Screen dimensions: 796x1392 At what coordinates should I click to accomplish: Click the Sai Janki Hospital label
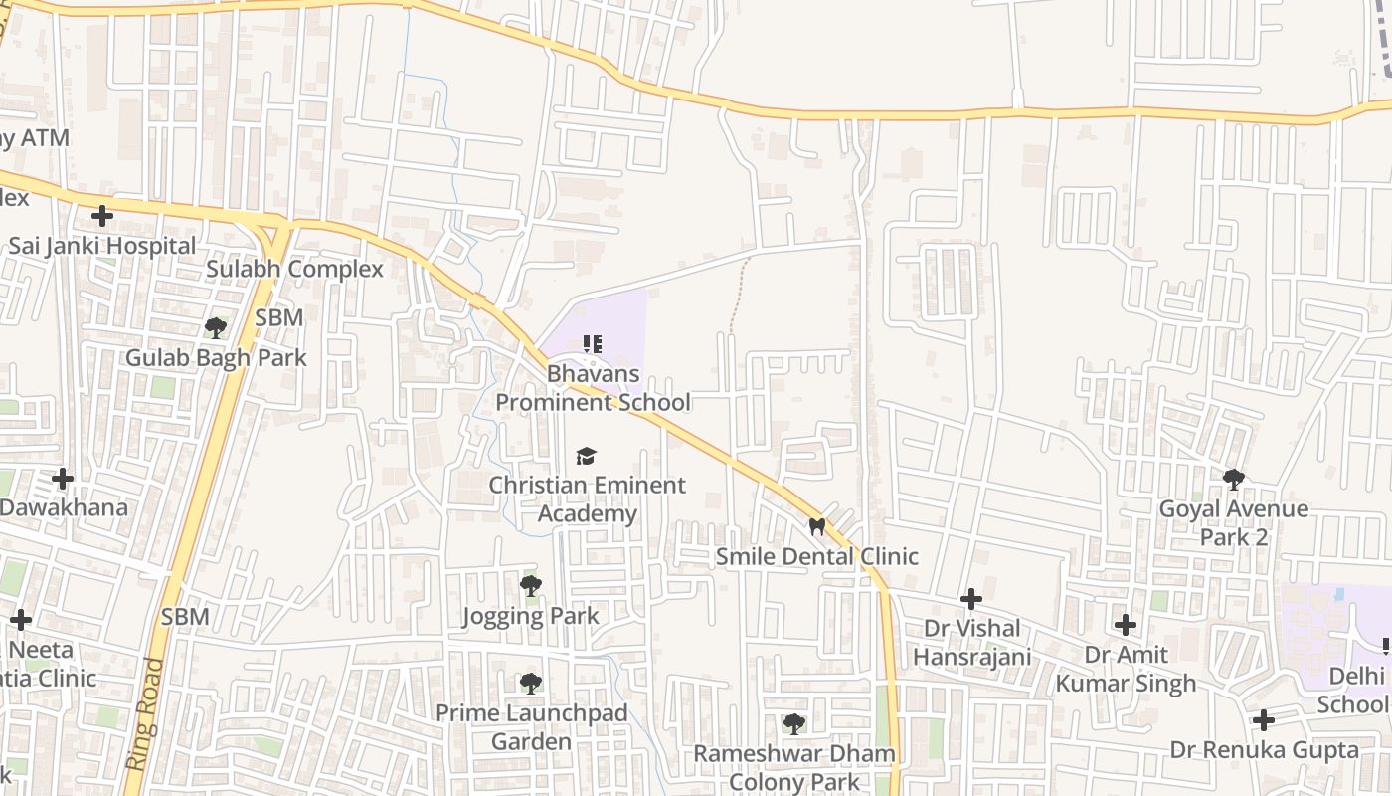[x=102, y=245]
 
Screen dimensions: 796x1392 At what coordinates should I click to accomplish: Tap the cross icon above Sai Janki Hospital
[x=101, y=215]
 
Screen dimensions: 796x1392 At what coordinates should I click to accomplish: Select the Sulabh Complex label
[x=294, y=269]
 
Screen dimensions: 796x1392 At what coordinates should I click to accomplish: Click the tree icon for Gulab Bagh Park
[x=215, y=327]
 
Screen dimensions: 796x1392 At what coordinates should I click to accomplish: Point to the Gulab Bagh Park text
[x=215, y=357]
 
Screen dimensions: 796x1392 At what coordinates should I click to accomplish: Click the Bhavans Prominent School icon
[x=593, y=345]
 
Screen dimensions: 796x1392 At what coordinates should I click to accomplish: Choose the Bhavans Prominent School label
[x=593, y=388]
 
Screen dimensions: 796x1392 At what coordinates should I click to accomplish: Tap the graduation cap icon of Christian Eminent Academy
[x=587, y=456]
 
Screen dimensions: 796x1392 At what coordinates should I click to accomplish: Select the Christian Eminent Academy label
[x=587, y=499]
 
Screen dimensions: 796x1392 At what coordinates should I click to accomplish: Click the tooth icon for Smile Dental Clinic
[x=817, y=526]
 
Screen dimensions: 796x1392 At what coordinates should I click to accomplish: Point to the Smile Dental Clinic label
[x=817, y=556]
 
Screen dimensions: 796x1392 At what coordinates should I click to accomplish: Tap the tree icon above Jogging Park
[x=531, y=585]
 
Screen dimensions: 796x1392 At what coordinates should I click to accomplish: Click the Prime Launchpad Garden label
[x=532, y=727]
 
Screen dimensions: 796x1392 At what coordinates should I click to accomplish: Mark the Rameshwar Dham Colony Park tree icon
[x=793, y=723]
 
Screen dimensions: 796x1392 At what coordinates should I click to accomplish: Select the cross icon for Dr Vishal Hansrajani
[x=971, y=599]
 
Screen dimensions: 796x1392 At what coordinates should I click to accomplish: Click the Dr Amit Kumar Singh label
[x=1126, y=669]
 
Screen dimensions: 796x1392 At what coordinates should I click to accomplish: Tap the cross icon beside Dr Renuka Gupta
[x=1263, y=719]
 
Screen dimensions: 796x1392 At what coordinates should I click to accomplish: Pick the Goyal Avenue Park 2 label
[x=1234, y=523]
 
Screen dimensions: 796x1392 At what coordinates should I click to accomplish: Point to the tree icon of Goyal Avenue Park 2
[x=1234, y=480]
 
